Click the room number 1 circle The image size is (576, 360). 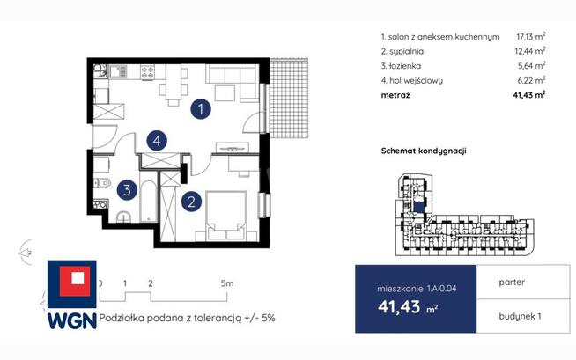click(x=201, y=109)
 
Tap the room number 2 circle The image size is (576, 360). click(x=191, y=202)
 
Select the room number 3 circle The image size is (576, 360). click(x=127, y=190)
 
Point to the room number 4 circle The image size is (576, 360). click(x=157, y=141)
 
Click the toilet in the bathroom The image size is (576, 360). click(x=102, y=182)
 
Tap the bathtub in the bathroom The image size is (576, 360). click(x=149, y=201)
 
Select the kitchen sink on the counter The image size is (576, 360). click(x=118, y=71)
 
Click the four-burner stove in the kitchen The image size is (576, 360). click(x=147, y=71)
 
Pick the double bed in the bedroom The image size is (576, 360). click(x=225, y=216)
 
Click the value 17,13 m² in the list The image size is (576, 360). click(x=531, y=36)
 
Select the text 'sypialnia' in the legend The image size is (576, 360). click(x=406, y=51)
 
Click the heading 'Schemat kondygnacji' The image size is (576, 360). click(x=424, y=151)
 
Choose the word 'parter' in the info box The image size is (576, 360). click(x=512, y=283)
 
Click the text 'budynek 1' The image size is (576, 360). click(x=520, y=316)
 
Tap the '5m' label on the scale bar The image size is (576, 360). click(x=227, y=283)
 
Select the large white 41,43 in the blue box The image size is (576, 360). click(x=399, y=306)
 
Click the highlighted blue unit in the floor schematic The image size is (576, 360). click(x=418, y=207)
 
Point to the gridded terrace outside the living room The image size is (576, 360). click(x=289, y=98)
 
